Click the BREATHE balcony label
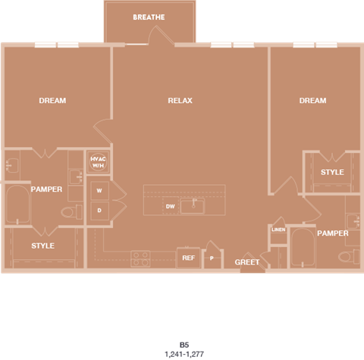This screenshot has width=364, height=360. pos(149,17)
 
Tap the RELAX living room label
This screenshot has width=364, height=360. pos(180,101)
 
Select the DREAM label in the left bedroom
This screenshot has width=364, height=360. pos(52,101)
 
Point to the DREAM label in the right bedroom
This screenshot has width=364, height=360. pos(312,101)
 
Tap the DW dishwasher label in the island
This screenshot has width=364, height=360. pos(171,206)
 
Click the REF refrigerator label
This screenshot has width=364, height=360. pos(188,258)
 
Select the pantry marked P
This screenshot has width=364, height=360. pos(212,258)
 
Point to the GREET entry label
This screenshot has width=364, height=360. pos(247,262)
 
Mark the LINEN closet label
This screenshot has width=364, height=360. pos(278,229)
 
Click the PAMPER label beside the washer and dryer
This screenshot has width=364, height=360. pos(46,189)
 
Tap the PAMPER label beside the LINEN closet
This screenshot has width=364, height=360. pos(333,233)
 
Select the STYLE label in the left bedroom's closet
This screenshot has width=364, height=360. pos(42,246)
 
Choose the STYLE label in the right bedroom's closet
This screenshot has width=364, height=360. pos(332,172)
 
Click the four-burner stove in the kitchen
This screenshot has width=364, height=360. pos(141,258)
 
